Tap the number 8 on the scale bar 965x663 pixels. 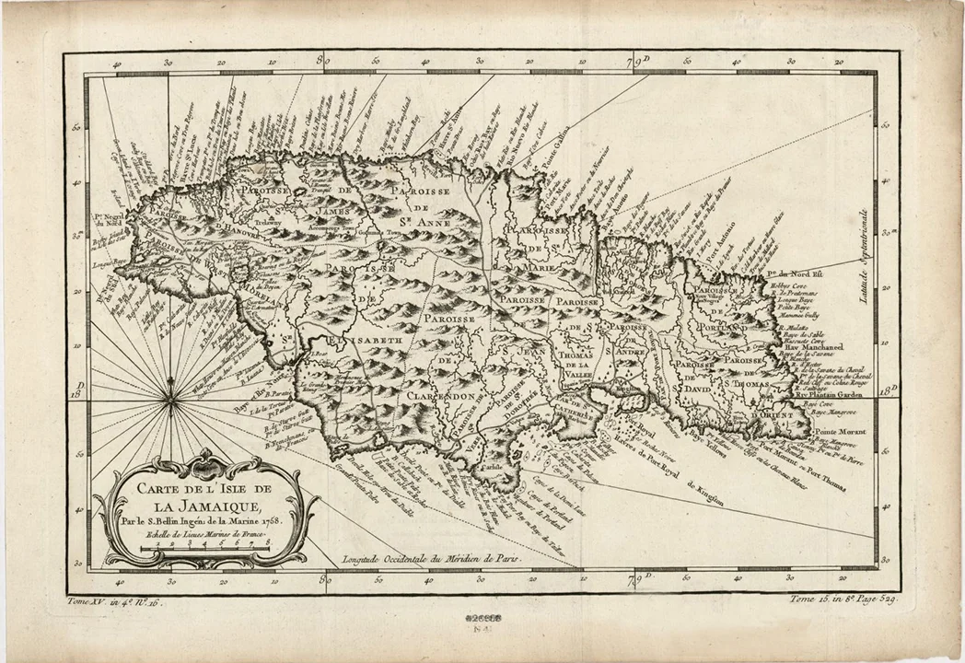coord(268,544)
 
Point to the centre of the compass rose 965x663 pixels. coord(171,399)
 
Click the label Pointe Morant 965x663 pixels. coord(840,431)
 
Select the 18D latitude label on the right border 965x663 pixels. coord(887,391)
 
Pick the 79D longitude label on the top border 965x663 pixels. coord(635,64)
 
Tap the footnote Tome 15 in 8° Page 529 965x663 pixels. coord(843,599)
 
